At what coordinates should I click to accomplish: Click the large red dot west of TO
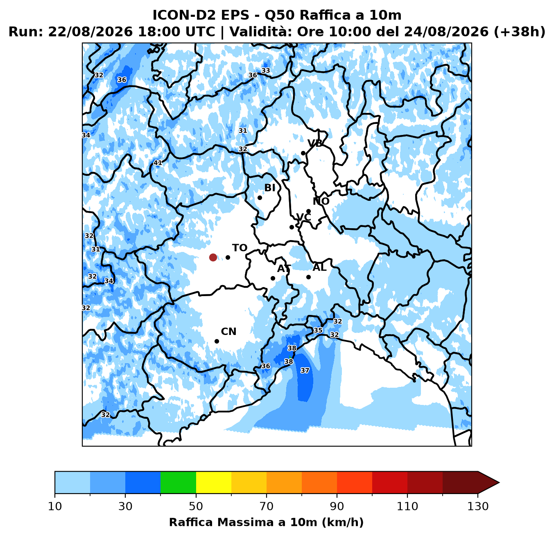pyautogui.click(x=213, y=257)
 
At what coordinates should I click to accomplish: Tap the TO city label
pyautogui.click(x=240, y=248)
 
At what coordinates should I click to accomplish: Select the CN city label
pyautogui.click(x=228, y=332)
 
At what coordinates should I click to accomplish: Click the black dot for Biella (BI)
pyautogui.click(x=260, y=198)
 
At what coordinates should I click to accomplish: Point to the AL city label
pyautogui.click(x=319, y=267)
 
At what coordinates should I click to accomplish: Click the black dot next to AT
pyautogui.click(x=273, y=278)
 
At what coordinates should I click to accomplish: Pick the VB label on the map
pyautogui.click(x=315, y=144)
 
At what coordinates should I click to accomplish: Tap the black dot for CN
pyautogui.click(x=217, y=342)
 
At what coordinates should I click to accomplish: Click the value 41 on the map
pyautogui.click(x=158, y=163)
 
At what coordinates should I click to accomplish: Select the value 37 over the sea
pyautogui.click(x=305, y=370)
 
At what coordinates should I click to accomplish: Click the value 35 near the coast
pyautogui.click(x=318, y=330)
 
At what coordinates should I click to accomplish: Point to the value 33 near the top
pyautogui.click(x=266, y=70)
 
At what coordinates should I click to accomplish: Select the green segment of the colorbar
pyautogui.click(x=178, y=482)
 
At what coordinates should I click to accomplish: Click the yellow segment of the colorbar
pyautogui.click(x=213, y=482)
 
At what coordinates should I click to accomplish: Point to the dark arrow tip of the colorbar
pyautogui.click(x=499, y=482)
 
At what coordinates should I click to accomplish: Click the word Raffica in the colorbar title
pyautogui.click(x=191, y=523)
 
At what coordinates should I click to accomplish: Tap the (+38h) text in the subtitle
pyautogui.click(x=519, y=32)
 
